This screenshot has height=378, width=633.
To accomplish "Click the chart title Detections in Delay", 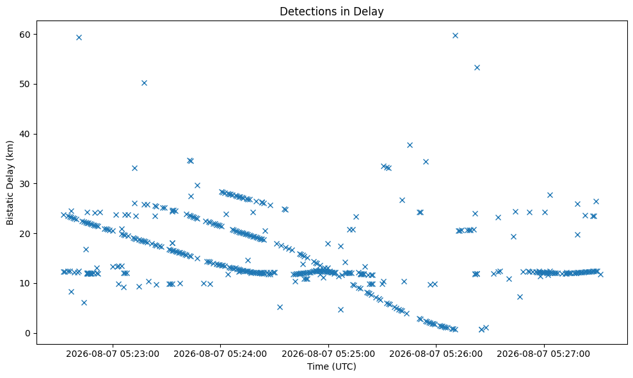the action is click(332, 12).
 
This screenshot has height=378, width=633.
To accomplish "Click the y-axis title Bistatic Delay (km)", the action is click(10, 183).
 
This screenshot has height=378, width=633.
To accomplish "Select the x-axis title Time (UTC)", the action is click(332, 366).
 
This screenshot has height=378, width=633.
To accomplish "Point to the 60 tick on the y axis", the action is click(25, 35).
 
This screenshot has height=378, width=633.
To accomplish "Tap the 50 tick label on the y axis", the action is click(25, 85).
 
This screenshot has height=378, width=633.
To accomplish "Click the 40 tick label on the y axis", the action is click(25, 134).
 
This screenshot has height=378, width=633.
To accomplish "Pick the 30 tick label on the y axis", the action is click(25, 184).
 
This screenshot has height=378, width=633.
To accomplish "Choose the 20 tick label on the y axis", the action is click(25, 234).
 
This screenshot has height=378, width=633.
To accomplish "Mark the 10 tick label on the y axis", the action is click(25, 283).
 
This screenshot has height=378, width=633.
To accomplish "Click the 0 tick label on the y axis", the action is click(28, 334).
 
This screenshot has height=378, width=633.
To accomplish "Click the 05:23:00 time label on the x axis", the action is click(113, 354).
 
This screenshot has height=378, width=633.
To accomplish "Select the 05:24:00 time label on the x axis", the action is click(220, 354).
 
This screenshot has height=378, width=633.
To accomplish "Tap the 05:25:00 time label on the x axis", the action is click(328, 354).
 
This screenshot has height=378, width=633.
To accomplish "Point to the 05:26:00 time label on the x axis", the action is click(436, 354).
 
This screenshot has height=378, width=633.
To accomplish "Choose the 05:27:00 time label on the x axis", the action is click(544, 354).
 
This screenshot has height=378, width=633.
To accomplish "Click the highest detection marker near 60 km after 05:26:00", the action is click(455, 36).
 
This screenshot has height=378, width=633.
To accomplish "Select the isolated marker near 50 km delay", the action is click(144, 83).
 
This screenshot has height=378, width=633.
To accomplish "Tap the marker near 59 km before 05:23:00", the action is click(79, 38).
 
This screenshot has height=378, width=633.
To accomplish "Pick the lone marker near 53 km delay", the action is click(477, 67).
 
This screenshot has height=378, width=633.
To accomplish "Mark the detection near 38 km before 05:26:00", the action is click(410, 145).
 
